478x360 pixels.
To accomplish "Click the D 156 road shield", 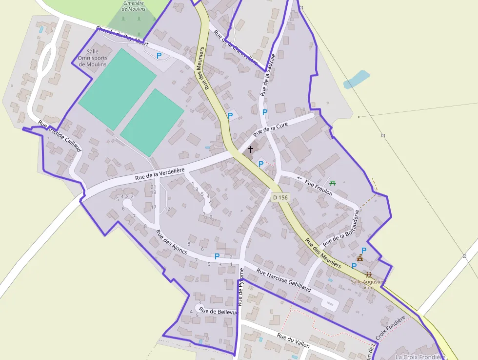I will click(x=280, y=197).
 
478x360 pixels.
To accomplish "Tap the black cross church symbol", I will click(x=251, y=149).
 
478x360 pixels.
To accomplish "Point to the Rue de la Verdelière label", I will click(x=159, y=174).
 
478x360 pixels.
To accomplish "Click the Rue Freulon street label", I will click(x=319, y=188).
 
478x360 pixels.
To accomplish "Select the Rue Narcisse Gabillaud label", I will click(x=283, y=280).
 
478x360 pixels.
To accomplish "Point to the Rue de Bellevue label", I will click(x=218, y=311).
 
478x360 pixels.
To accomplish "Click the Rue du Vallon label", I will click(x=293, y=340).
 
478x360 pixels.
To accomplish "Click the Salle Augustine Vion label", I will click(x=369, y=284).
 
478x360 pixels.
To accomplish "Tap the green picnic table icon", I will click(x=333, y=183).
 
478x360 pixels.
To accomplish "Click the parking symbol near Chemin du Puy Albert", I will click(x=159, y=56).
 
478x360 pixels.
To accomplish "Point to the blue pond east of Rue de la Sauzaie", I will click(x=356, y=79).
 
